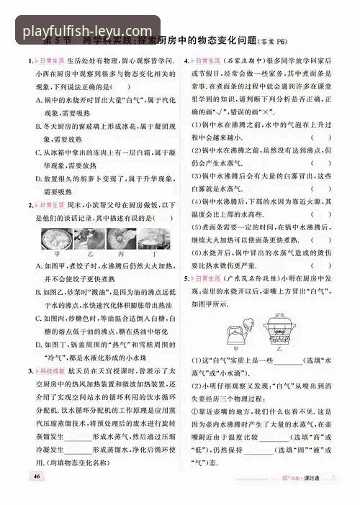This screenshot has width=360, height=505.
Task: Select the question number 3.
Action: click(30, 370)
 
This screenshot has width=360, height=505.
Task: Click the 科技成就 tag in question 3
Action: click(49, 370)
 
